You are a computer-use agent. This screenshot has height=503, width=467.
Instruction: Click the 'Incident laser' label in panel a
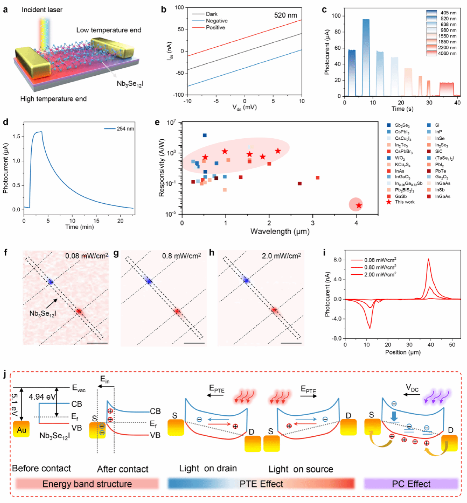(42, 10)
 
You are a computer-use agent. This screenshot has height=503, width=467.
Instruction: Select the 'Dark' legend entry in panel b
(211, 14)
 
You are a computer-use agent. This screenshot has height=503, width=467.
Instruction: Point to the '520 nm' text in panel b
(285, 15)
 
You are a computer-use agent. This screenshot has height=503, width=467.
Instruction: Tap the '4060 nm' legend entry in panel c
(447, 53)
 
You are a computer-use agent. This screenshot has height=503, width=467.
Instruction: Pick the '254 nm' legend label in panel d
(125, 129)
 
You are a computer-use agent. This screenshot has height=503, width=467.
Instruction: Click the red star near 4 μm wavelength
(359, 205)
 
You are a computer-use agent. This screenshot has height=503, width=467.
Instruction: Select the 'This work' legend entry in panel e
(404, 202)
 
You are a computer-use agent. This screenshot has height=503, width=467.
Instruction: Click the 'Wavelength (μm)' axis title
(280, 232)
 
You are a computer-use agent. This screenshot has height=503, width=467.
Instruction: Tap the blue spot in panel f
(50, 282)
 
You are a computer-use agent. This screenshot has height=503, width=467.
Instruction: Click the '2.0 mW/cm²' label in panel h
(281, 256)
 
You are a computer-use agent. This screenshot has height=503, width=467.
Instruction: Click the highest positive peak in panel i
(428, 260)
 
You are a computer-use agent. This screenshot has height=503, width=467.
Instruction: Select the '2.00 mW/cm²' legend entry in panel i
(380, 274)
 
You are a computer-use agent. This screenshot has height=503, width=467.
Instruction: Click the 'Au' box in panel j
(21, 429)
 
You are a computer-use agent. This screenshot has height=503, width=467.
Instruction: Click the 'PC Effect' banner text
(411, 484)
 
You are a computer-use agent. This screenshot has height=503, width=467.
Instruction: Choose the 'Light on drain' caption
(208, 468)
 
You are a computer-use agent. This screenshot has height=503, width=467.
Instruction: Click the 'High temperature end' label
(53, 99)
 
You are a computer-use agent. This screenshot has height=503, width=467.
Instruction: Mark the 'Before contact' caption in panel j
(41, 468)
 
